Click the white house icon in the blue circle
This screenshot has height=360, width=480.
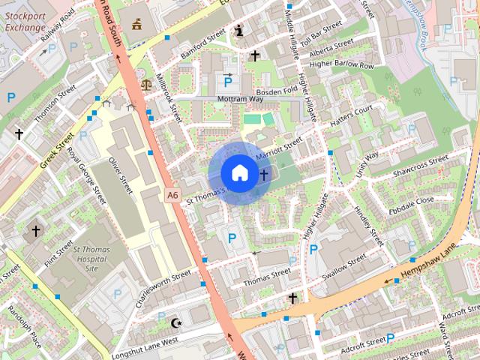point(238,172)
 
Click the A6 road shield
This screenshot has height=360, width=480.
point(172,195)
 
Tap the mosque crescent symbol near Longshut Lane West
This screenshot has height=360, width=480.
point(177,322)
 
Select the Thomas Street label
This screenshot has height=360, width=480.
point(267,275)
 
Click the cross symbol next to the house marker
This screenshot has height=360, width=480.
point(263,175)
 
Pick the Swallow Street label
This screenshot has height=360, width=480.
point(344,265)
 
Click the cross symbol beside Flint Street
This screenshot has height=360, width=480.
point(35,231)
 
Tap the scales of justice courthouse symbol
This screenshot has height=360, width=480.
point(144,77)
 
